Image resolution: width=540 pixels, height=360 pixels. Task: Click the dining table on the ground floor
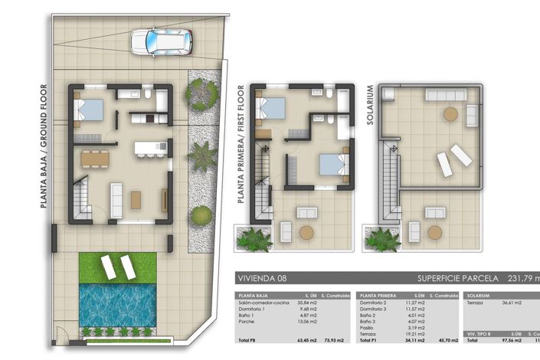[x=96, y=159]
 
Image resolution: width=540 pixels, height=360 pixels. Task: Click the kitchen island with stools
[x=150, y=148]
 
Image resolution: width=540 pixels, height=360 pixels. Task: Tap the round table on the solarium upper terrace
[x=450, y=113]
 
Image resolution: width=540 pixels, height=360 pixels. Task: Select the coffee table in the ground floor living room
[x=136, y=199]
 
